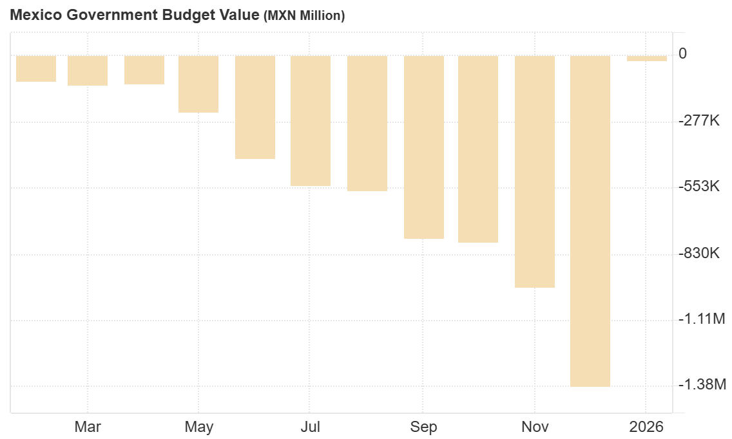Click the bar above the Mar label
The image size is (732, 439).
coord(88,70)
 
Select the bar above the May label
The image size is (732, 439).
coord(198,84)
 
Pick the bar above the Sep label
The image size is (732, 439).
coord(424,147)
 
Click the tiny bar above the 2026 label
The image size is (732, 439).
coord(646,59)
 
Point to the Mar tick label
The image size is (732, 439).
coord(88,427)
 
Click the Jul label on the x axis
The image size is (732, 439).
coord(311,427)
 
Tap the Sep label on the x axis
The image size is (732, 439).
coord(423,427)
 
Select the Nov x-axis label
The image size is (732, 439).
coord(535,427)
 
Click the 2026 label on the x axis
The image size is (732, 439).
coord(646,427)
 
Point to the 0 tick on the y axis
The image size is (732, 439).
coord(682,53)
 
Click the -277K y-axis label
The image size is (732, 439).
coord(698,120)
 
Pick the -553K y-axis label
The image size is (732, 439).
coord(698,187)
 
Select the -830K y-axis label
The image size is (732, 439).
coord(698,253)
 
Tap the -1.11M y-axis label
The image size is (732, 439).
coord(701,319)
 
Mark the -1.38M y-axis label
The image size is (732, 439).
coord(701,385)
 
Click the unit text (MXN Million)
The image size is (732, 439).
coord(304,16)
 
